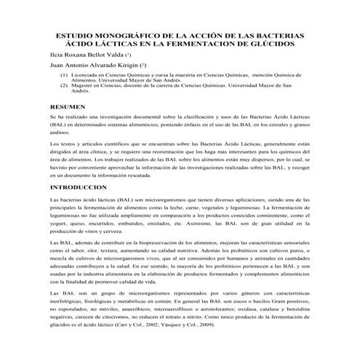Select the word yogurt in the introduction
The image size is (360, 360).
[x=58, y=225]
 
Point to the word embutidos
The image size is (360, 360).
[x=128, y=225]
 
